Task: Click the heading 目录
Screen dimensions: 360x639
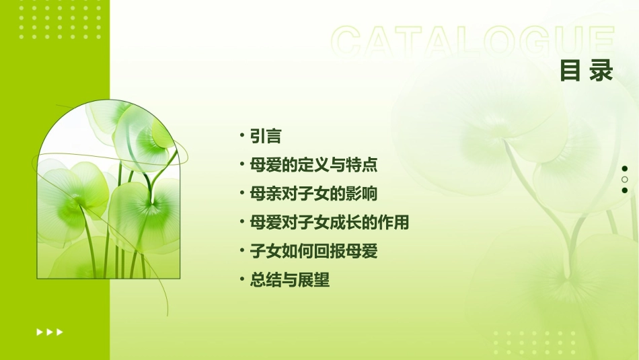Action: (587, 71)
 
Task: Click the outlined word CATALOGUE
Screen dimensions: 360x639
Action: (472, 42)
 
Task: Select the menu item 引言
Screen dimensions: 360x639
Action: (265, 136)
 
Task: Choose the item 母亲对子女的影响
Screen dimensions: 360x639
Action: (313, 194)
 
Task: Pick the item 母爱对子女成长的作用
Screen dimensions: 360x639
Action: (330, 222)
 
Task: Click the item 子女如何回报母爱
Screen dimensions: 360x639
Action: (313, 251)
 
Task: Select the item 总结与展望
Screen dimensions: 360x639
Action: (290, 280)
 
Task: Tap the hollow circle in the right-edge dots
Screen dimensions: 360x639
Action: (625, 180)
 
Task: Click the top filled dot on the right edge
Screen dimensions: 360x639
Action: (625, 169)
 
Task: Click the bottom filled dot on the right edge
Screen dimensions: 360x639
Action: (625, 190)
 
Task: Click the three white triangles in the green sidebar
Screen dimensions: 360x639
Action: (50, 332)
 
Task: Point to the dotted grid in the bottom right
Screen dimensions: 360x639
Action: (535, 343)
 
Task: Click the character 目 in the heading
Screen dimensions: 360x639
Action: (570, 71)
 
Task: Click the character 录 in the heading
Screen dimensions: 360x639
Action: (602, 71)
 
